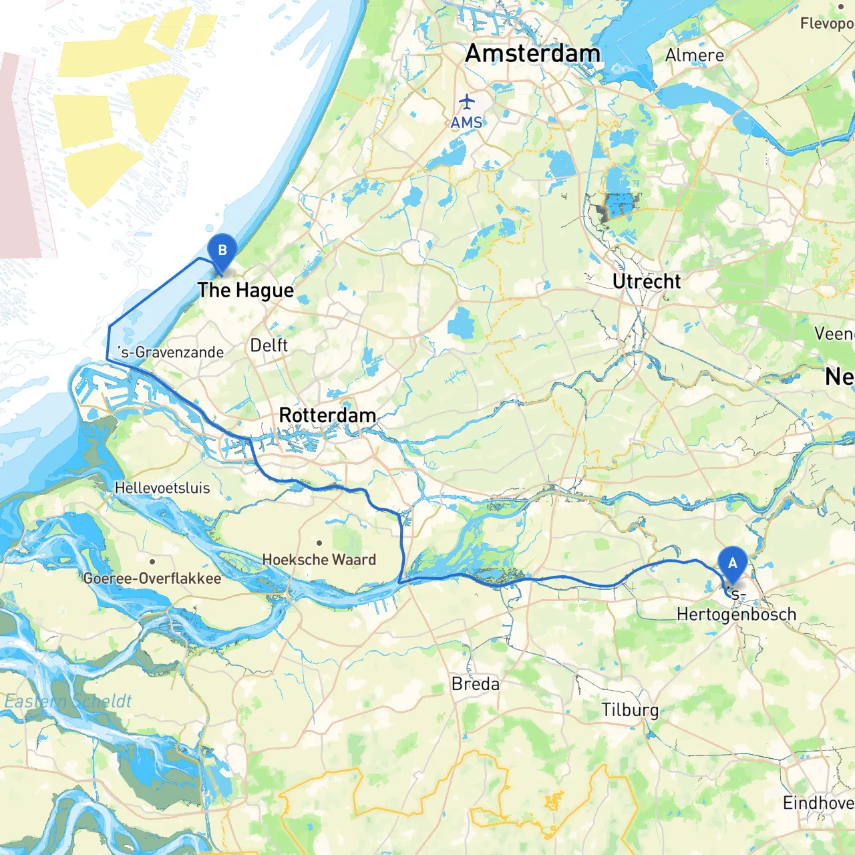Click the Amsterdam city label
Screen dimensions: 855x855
coord(532,53)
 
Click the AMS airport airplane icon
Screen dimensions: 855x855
coord(466,102)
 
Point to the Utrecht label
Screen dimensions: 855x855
coord(647,282)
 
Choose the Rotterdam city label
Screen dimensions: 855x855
coord(327,415)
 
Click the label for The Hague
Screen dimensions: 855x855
coord(245,291)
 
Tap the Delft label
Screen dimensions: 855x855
coord(269,345)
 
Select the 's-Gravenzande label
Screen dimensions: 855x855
coord(170,352)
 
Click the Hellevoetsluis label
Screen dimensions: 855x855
coord(162,488)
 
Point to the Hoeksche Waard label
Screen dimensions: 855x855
coord(319,560)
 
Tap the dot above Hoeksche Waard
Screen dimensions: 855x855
coord(319,543)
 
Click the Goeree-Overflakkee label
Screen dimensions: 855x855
coord(152,578)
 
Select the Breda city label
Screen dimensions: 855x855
coord(475,684)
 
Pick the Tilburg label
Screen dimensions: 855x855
coord(629,710)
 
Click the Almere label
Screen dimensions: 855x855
coord(694,55)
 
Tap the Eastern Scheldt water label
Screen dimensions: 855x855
coord(68,701)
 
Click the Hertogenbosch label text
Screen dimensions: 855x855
coord(736,615)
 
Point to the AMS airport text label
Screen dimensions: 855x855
coord(466,123)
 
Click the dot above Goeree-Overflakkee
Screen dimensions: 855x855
coord(152,562)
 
